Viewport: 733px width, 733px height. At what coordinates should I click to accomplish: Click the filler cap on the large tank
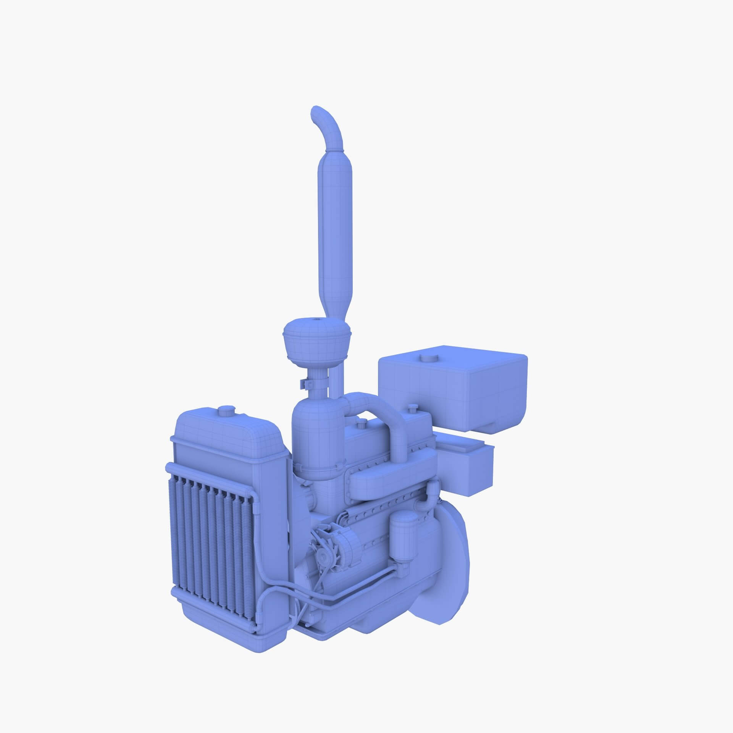[427, 358]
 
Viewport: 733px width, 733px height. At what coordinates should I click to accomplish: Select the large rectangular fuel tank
[452, 389]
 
